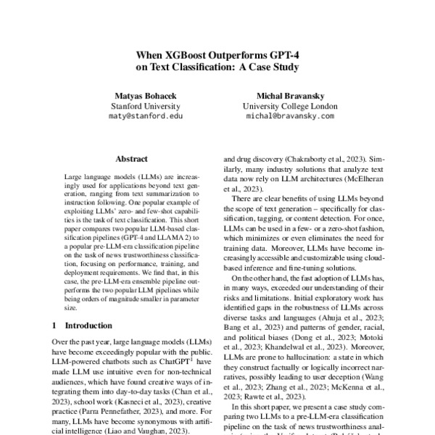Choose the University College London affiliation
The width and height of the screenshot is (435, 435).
289,106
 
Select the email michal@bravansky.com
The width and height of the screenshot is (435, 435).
289,116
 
